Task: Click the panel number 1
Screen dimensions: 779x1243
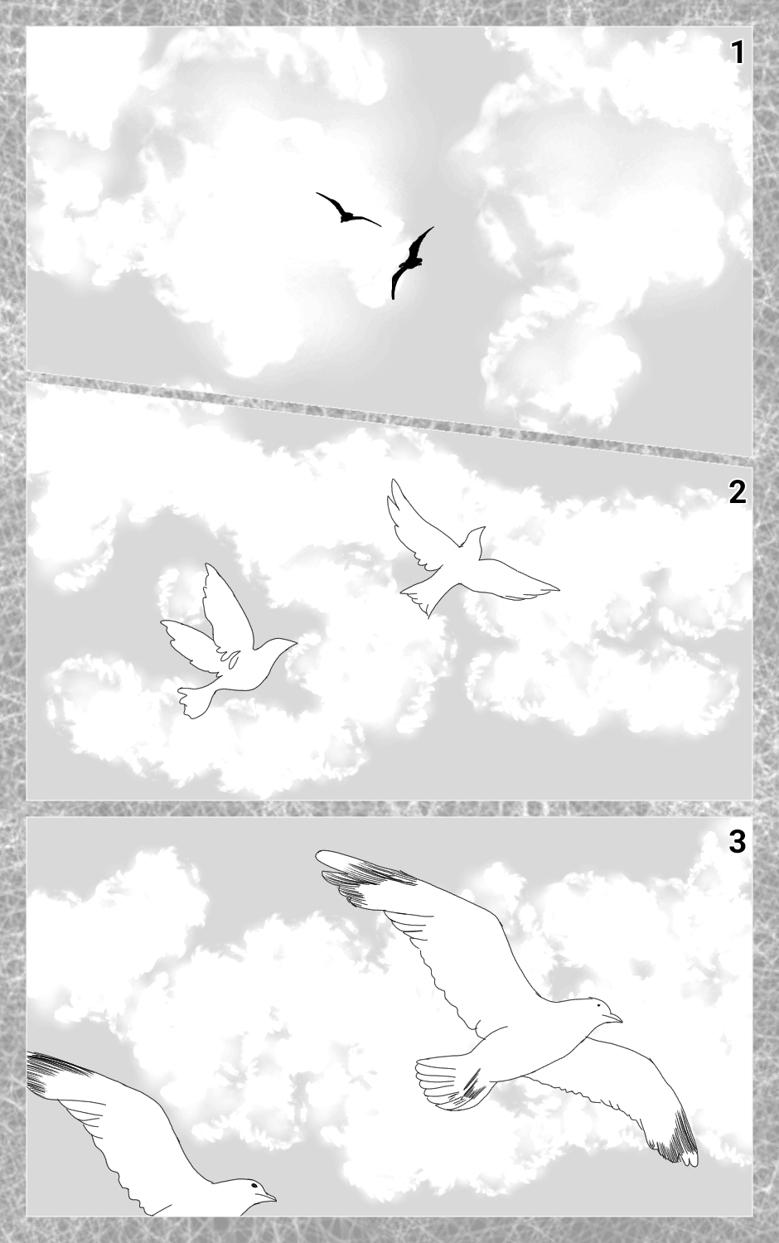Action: [737, 52]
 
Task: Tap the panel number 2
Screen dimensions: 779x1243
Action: [737, 492]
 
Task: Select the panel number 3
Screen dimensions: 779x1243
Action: [737, 842]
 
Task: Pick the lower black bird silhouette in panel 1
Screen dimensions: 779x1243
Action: [410, 261]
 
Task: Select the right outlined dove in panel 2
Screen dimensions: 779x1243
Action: [466, 555]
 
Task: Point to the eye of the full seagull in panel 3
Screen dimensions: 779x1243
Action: [598, 1006]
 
